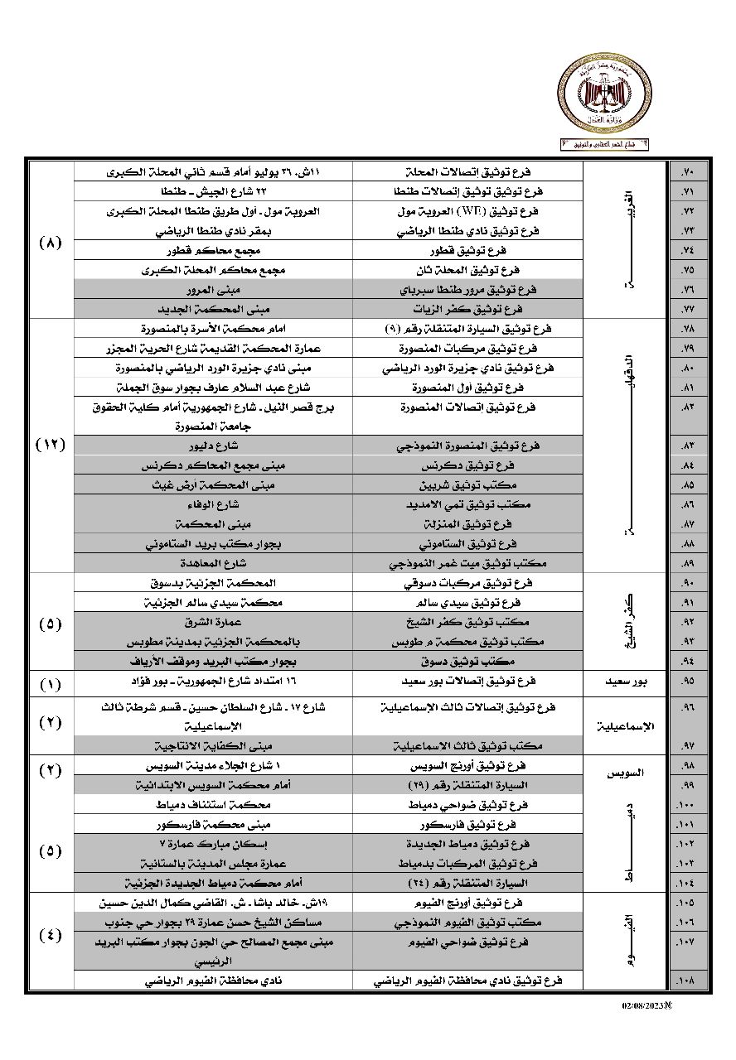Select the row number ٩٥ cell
[687, 682]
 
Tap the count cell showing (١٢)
[51, 446]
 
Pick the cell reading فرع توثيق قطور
[467, 250]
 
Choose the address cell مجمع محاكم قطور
[213, 250]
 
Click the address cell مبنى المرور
[213, 289]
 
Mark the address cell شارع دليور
[213, 446]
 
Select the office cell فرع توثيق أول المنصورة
[467, 387]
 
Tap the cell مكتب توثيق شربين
[467, 484]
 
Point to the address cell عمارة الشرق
[213, 622]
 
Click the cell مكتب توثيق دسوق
[467, 662]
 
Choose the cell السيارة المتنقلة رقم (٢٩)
[467, 784]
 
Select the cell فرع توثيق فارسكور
[467, 824]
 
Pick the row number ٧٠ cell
[687, 172]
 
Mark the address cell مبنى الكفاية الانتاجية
[213, 745]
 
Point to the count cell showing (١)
[51, 683]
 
